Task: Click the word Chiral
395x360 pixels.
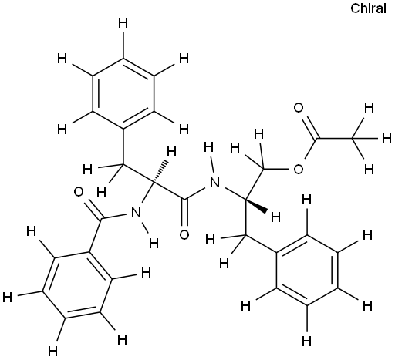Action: click(368, 8)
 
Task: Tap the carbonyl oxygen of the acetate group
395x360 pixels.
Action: click(299, 108)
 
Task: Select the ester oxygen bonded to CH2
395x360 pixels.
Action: click(299, 170)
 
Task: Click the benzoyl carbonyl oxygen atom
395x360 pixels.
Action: click(79, 192)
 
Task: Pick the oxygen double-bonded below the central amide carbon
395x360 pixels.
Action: click(184, 234)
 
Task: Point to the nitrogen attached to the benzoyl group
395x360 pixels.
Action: click(137, 213)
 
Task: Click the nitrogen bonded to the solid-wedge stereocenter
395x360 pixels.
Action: click(214, 183)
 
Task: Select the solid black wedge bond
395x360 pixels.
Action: click(256, 205)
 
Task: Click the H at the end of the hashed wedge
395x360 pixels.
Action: click(171, 152)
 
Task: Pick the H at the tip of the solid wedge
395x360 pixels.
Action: click(275, 217)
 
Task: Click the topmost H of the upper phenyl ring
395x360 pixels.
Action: click(123, 24)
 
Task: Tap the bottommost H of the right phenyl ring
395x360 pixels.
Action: click(306, 341)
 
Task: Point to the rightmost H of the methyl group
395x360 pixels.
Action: click(387, 139)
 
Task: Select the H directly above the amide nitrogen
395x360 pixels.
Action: click(208, 147)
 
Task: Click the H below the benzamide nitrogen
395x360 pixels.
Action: click(154, 243)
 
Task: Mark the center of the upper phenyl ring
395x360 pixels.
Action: click(123, 93)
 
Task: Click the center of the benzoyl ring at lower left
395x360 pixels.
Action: click(77, 285)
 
